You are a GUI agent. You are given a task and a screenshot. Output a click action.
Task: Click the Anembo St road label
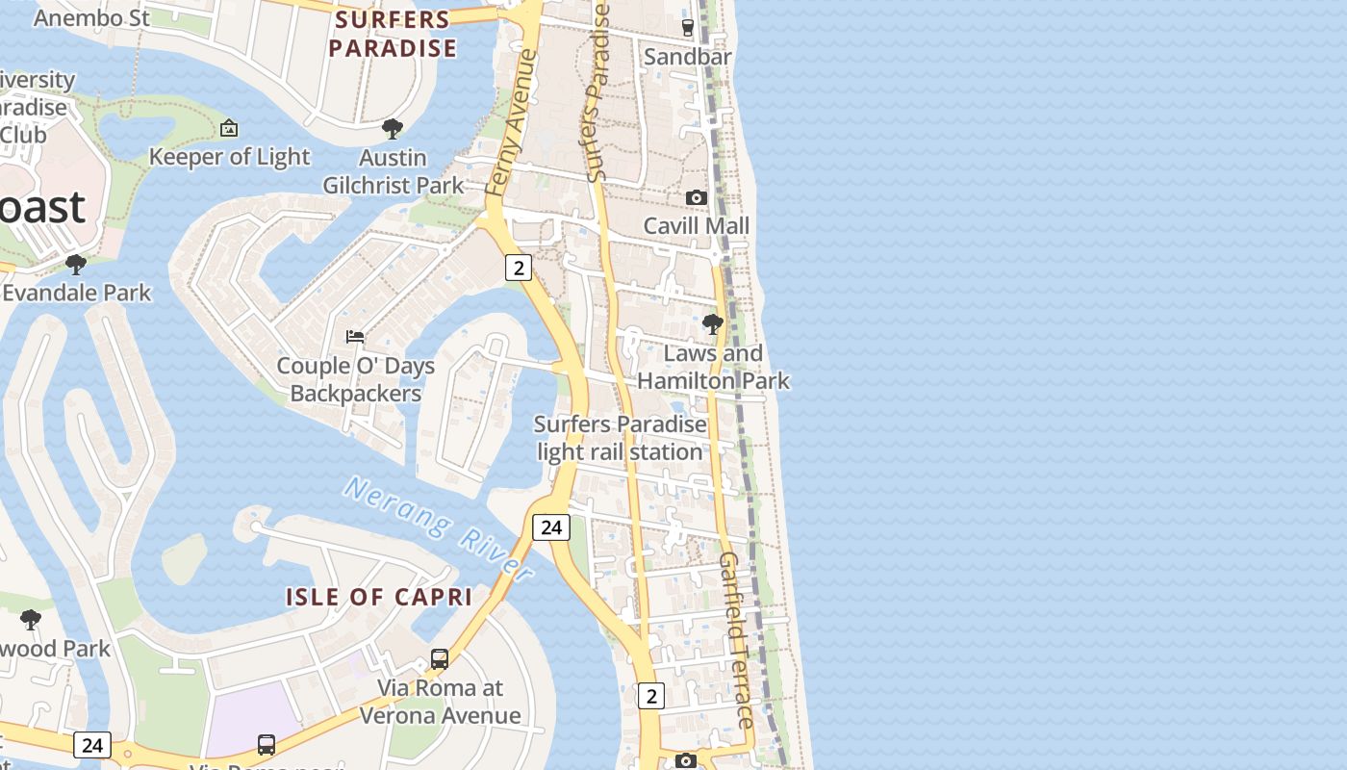[x=92, y=17]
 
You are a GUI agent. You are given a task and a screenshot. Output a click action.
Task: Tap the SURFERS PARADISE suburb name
[x=393, y=34]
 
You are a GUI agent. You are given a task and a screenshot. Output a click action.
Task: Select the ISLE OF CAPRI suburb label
[x=379, y=597]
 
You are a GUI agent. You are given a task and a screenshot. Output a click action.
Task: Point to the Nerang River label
[x=439, y=528]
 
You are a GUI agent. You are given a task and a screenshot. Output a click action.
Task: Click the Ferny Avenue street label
[x=511, y=123]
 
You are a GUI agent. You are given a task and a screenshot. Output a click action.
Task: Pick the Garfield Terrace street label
[x=737, y=640]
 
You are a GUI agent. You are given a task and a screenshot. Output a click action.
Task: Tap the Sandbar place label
[x=687, y=57]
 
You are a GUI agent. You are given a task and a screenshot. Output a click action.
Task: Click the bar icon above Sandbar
[x=687, y=28]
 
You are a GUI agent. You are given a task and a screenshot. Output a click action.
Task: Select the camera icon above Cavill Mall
[x=696, y=197]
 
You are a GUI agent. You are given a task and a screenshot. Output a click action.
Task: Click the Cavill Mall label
[x=696, y=225]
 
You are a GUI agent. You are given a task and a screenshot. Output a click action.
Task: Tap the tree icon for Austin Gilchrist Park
[x=392, y=128]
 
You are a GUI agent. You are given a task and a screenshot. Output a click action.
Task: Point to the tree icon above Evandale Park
[x=76, y=264]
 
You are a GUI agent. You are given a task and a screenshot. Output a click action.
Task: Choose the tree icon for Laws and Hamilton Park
[x=713, y=324]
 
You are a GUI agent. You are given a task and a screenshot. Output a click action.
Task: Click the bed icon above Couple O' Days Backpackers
[x=355, y=337]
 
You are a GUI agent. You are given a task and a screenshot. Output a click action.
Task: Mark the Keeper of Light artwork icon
[x=229, y=128]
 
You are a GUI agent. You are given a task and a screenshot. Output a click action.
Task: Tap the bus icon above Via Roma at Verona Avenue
[x=440, y=659]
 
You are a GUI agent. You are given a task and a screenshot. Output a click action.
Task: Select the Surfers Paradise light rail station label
[x=620, y=438]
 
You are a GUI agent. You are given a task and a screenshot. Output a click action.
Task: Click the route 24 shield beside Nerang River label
[x=551, y=526]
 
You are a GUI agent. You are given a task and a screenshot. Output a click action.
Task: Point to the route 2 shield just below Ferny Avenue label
[x=519, y=268]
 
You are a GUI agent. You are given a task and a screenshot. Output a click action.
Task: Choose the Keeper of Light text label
[x=229, y=157]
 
